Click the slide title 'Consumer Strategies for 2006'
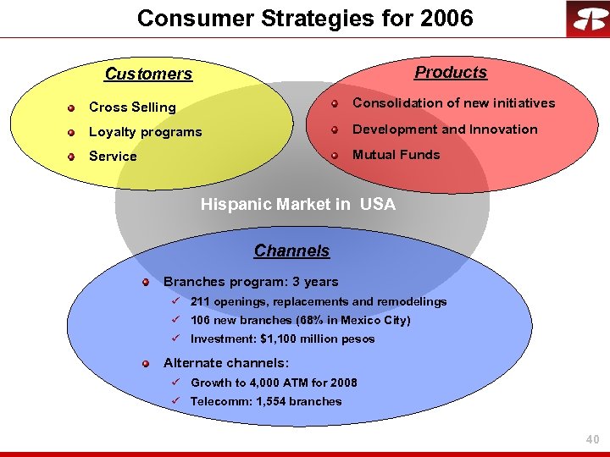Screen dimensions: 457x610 coord(305,18)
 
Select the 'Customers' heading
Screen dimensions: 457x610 coord(148,74)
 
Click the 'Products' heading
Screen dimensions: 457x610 coord(450,73)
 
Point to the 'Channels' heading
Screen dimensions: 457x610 coord(291,251)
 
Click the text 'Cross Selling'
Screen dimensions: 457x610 coord(132,107)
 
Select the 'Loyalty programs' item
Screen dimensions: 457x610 coord(145,132)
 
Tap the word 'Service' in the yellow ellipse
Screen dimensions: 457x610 coord(113,157)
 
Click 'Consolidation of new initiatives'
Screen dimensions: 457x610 coord(453,103)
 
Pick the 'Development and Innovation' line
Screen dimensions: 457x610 coord(445,129)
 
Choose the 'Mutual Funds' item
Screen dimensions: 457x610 coord(396,155)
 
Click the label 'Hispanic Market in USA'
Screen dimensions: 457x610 coord(297,205)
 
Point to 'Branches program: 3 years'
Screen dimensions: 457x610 coord(250,282)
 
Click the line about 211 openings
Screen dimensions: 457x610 coord(318,302)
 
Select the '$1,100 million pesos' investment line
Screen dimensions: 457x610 coord(282,339)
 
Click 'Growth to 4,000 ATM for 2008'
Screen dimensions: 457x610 coord(274,383)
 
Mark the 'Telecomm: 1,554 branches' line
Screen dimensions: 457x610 coord(266,402)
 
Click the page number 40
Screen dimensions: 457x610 coord(592,439)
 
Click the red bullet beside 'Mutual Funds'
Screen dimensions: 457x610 coord(335,155)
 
